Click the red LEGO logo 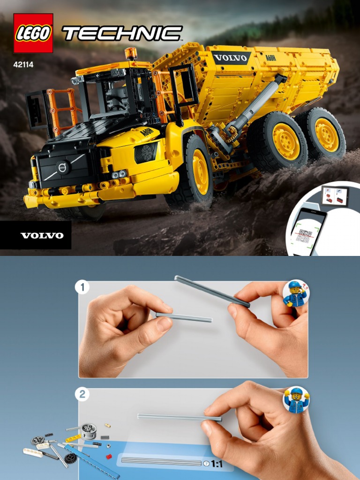click(33, 33)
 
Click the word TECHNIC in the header click(122, 33)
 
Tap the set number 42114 click(23, 64)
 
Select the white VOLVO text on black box click(42, 235)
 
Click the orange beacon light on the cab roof click(131, 53)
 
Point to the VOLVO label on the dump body click(231, 58)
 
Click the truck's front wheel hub click(200, 172)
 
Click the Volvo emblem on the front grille click(62, 167)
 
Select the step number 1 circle click(82, 287)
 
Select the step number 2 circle click(82, 394)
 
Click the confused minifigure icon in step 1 click(295, 293)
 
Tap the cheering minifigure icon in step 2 click(296, 400)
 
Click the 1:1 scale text click(217, 464)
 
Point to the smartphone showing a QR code click(306, 232)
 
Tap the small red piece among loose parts click(109, 456)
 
